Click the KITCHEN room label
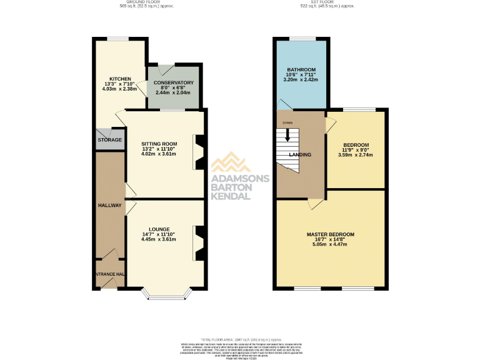[119, 79]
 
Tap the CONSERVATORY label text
[174, 82]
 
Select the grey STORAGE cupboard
[109, 140]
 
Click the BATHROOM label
[301, 69]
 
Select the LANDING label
[300, 154]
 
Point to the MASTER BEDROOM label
[330, 234]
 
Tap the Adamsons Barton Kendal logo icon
[231, 164]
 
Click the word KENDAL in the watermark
[231, 196]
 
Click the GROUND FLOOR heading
[146, 3]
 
